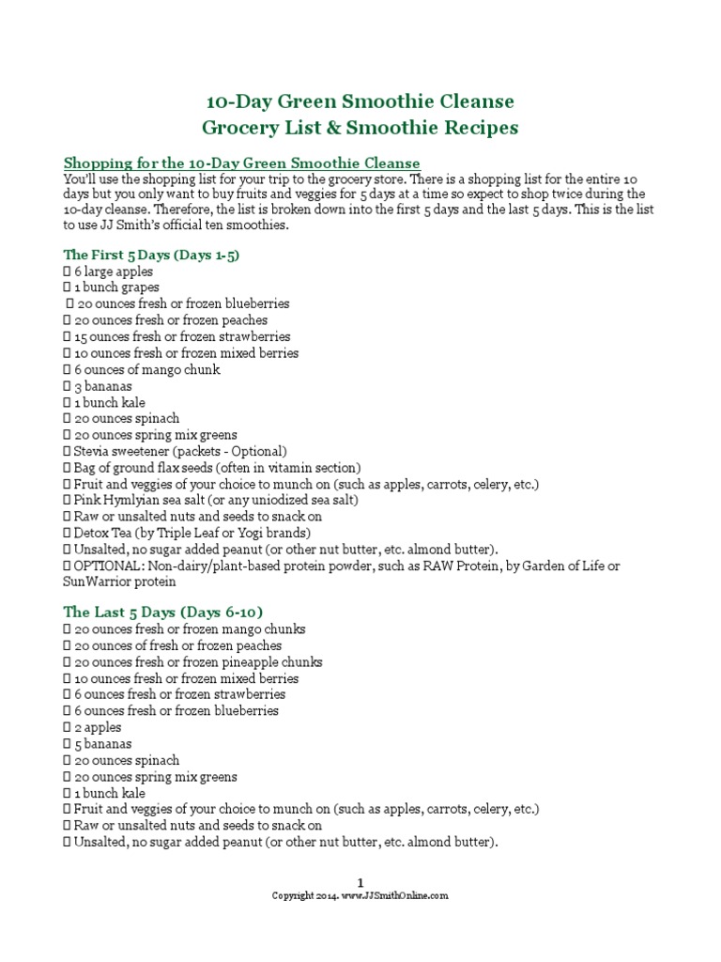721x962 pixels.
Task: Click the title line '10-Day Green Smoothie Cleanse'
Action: coord(360,101)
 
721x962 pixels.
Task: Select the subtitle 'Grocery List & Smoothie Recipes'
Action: coord(360,126)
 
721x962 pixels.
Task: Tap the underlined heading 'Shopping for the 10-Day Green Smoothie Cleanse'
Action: coord(241,163)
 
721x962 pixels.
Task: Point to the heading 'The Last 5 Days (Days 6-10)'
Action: coord(156,612)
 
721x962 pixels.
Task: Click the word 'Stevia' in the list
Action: coord(92,451)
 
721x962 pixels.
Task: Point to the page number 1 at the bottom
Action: coord(360,881)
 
